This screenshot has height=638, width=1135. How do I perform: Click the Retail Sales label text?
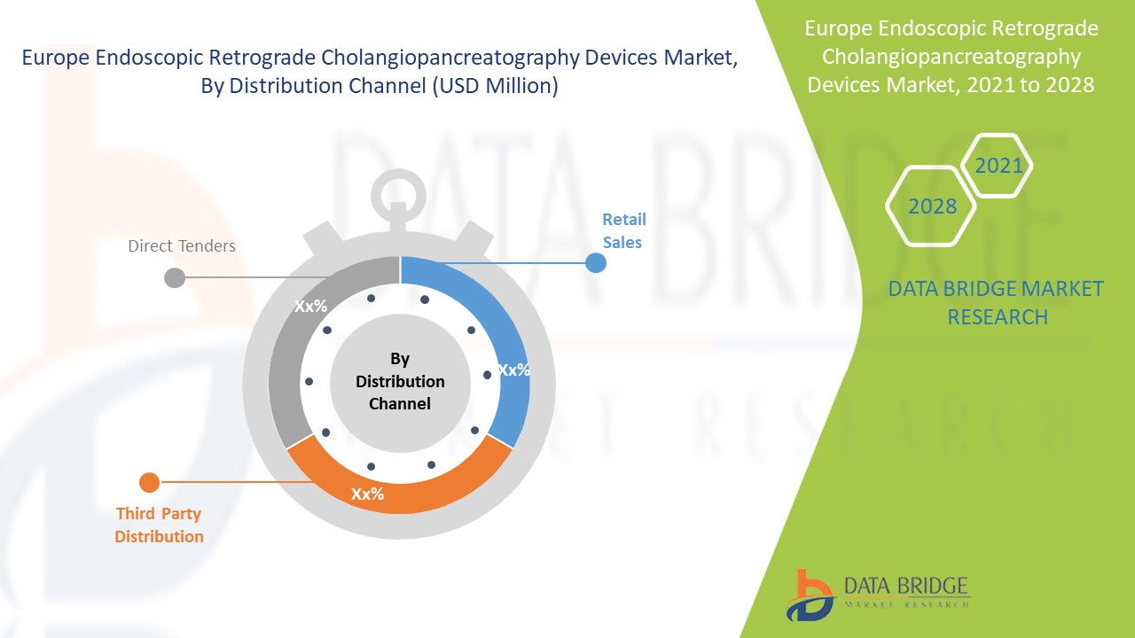pyautogui.click(x=623, y=230)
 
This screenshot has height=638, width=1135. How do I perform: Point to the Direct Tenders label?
pyautogui.click(x=182, y=245)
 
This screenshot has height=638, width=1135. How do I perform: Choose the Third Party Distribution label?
pyautogui.click(x=159, y=525)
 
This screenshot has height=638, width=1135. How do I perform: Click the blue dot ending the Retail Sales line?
pyautogui.click(x=596, y=262)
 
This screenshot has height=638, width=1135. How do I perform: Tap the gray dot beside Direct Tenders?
pyautogui.click(x=175, y=277)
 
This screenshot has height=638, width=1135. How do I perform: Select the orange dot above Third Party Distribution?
pyautogui.click(x=149, y=483)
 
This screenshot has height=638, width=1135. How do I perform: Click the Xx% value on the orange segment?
pyautogui.click(x=367, y=494)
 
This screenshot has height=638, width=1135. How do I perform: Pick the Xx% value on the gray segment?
pyautogui.click(x=310, y=306)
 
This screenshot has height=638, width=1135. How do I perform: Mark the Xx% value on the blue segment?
pyautogui.click(x=513, y=370)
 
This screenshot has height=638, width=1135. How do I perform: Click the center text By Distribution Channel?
pyautogui.click(x=400, y=381)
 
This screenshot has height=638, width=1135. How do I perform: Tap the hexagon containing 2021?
pyautogui.click(x=998, y=165)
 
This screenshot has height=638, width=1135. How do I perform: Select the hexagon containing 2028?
pyautogui.click(x=932, y=206)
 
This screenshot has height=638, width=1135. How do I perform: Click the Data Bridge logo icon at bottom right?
pyautogui.click(x=809, y=594)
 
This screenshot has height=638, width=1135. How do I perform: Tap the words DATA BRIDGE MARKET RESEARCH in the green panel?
pyautogui.click(x=997, y=302)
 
